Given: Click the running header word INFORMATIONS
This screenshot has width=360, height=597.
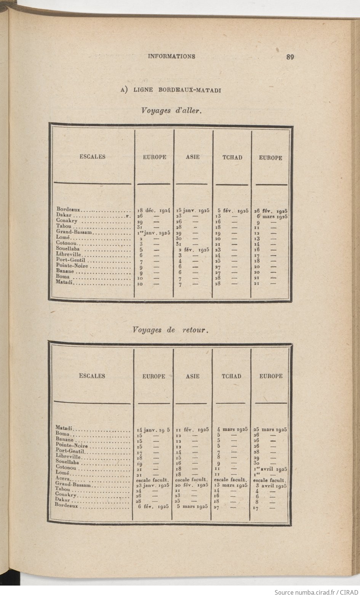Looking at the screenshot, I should pyautogui.click(x=171, y=56).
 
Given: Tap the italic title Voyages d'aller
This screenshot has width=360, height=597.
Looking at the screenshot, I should pyautogui.click(x=171, y=111).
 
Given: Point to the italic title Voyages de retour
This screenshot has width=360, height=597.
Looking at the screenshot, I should pyautogui.click(x=170, y=330).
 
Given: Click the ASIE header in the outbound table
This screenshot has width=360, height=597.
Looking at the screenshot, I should pyautogui.click(x=193, y=157).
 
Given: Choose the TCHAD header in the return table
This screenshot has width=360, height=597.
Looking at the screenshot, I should pyautogui.click(x=231, y=376).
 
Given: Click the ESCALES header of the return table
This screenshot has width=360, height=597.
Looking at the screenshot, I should pyautogui.click(x=92, y=376).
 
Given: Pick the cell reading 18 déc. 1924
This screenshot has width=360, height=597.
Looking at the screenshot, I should pyautogui.click(x=154, y=210).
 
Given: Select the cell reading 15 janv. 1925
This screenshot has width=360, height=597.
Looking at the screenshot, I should pyautogui.click(x=193, y=210).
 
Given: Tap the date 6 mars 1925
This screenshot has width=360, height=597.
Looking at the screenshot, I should pyautogui.click(x=272, y=216).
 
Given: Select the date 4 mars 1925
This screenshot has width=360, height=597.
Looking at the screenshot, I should pyautogui.click(x=232, y=429).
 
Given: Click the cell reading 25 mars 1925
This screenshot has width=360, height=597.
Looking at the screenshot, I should pyautogui.click(x=270, y=429).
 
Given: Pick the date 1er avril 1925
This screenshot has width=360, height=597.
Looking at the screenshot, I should pyautogui.click(x=270, y=469).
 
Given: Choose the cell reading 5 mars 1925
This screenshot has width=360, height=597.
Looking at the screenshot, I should pyautogui.click(x=192, y=507).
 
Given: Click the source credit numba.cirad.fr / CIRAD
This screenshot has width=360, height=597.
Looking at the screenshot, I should pyautogui.click(x=317, y=592).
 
